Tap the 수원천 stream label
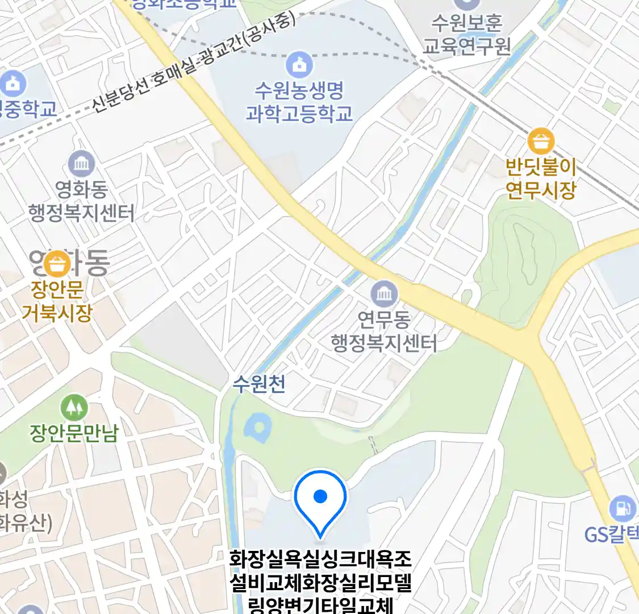tap(259, 384)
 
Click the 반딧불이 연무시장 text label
tap(541, 179)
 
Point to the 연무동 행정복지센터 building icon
tap(384, 294)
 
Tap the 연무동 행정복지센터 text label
tap(384, 331)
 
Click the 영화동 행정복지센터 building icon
tap(82, 164)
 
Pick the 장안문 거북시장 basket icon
tap(57, 264)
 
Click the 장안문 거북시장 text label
tap(57, 301)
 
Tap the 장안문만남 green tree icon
tap(74, 407)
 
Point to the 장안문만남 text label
tap(74, 434)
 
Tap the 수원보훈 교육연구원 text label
tap(466, 34)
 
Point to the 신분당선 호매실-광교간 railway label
tap(193, 63)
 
